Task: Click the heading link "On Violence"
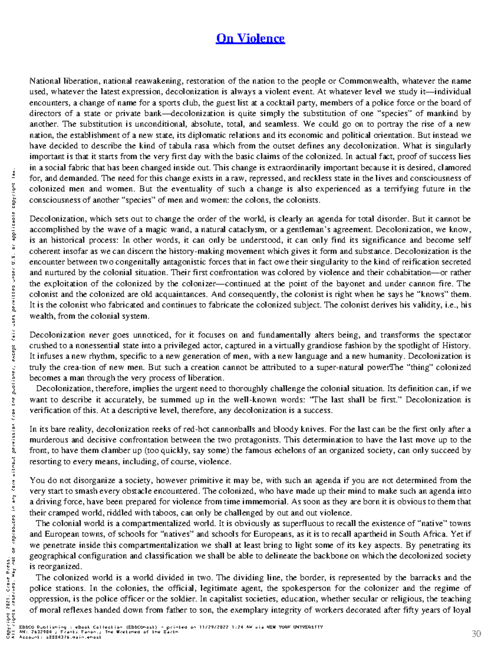[x=250, y=38]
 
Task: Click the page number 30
[x=476, y=634]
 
